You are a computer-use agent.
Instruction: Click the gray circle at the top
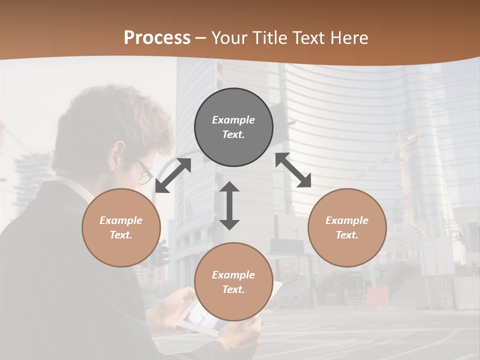pos(233,127)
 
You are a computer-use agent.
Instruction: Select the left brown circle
pos(121,227)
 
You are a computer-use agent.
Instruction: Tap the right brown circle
pos(347,227)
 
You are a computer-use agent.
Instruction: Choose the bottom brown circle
pos(233,282)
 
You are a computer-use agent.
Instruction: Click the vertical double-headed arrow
pos(229,205)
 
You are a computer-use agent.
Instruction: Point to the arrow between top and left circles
pos(173,175)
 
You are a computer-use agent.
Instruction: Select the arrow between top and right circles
pos(293,170)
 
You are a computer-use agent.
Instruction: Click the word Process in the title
pos(157,37)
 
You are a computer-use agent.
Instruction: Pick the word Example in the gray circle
pos(233,120)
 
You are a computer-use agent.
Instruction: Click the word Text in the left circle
pos(121,235)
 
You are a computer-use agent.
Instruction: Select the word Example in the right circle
pos(347,220)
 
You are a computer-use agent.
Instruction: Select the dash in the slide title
pos(201,38)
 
